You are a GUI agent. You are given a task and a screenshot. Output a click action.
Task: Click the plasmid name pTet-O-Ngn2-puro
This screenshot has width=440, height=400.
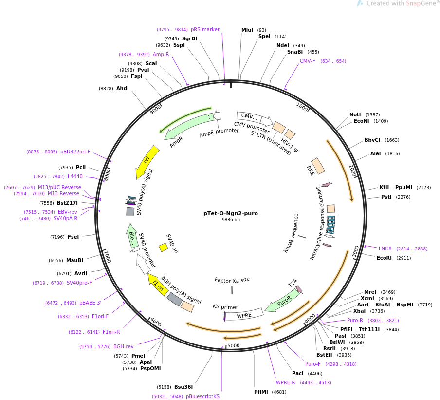(x=231, y=213)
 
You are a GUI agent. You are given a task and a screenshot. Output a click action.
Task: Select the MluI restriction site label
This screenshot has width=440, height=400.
(x=247, y=30)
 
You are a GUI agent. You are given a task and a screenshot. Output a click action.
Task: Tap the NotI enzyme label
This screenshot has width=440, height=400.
(x=355, y=115)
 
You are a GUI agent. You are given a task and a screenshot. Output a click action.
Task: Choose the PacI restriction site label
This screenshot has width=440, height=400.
(x=298, y=374)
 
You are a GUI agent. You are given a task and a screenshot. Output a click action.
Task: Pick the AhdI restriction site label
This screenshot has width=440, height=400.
(x=123, y=89)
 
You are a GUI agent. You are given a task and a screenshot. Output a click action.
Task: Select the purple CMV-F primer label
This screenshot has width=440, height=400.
(x=308, y=61)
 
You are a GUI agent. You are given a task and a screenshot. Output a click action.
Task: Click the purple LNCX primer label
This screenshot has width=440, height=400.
(x=385, y=249)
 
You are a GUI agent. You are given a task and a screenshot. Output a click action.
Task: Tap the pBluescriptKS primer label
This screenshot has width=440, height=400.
(x=202, y=397)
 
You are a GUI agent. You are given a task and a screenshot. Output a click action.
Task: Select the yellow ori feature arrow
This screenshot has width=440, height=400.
(x=147, y=160)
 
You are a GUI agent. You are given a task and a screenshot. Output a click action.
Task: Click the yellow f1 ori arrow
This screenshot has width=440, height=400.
(x=157, y=284)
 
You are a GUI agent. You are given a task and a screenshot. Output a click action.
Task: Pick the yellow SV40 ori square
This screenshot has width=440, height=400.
(x=164, y=248)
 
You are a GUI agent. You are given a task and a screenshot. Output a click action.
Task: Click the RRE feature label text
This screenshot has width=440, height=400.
(x=311, y=171)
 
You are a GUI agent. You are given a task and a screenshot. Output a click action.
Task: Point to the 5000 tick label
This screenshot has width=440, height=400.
(x=234, y=346)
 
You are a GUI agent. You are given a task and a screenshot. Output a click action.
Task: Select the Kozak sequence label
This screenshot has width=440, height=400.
(x=291, y=233)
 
